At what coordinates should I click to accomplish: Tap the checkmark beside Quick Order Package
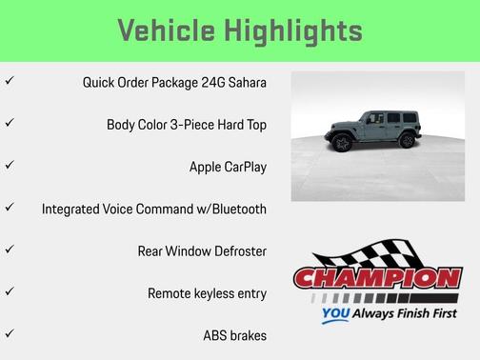point(10,82)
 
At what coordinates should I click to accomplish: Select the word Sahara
point(244,82)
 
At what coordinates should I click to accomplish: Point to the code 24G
point(204,82)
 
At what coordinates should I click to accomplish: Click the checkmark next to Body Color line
point(10,124)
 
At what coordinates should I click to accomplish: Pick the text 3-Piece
point(190,124)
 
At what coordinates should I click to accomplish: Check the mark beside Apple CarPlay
point(10,166)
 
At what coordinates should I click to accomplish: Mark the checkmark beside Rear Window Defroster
point(10,250)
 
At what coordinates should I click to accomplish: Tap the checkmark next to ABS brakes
point(10,334)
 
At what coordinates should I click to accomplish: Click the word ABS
point(217,335)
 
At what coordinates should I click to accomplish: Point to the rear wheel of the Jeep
point(407,141)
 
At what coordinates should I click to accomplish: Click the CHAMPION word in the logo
point(377,279)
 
